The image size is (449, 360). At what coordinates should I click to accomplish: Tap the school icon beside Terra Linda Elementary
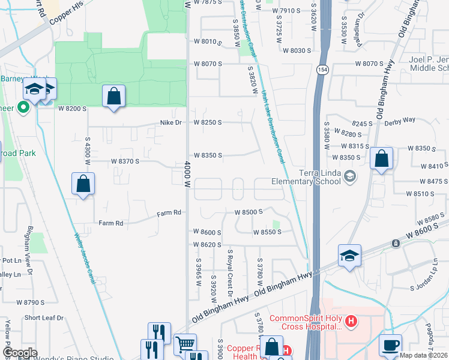pos(351,176)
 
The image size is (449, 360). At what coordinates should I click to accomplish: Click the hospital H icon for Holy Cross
pos(351,322)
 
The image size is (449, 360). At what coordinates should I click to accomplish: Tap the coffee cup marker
pos(390,345)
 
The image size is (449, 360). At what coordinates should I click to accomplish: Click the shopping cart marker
pos(185,344)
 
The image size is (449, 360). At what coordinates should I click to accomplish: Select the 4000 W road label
pos(187,175)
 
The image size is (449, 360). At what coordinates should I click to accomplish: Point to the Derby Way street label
pos(400,120)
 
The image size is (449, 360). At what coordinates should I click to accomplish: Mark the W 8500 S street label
pos(250,212)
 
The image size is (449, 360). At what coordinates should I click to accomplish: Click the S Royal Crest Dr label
pos(229,273)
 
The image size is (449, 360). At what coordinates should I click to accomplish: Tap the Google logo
pos(19,352)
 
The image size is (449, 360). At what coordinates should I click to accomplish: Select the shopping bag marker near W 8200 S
pos(113,96)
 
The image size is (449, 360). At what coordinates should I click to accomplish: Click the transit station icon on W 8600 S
pos(396,243)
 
